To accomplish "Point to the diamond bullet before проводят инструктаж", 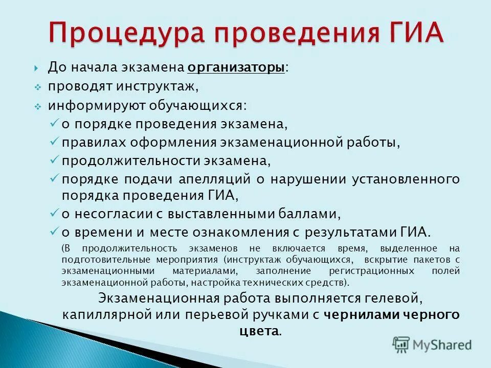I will [x=37, y=87].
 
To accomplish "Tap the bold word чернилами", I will [x=358, y=315].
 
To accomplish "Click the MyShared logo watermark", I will [x=432, y=345].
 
